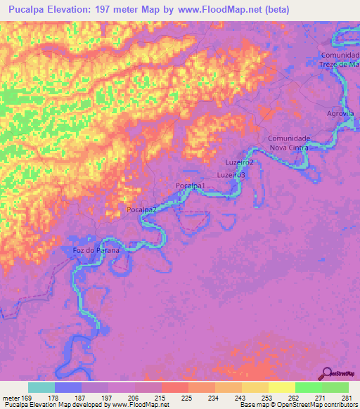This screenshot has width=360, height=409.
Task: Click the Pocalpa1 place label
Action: click(190, 185)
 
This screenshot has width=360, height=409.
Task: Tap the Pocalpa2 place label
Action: click(141, 209)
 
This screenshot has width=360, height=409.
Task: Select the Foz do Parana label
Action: click(96, 250)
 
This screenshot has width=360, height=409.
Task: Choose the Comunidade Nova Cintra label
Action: click(288, 143)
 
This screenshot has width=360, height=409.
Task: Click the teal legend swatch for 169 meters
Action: click(41, 387)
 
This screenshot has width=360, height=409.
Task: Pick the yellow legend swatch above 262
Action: click(282, 387)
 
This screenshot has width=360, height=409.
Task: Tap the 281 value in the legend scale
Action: click(346, 397)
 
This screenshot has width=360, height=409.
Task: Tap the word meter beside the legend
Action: click(11, 397)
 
